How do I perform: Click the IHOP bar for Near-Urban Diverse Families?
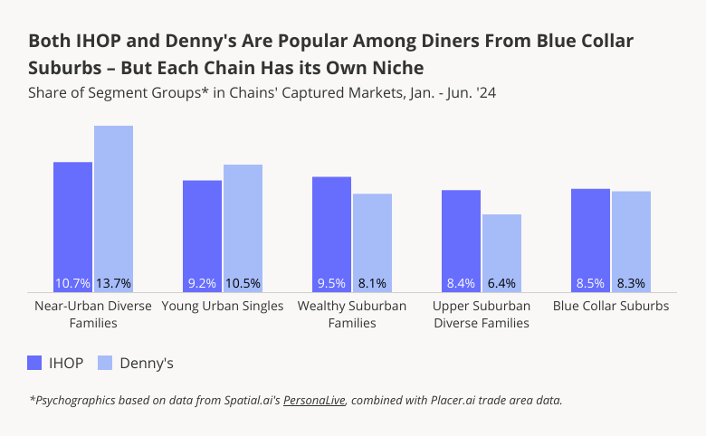click(x=72, y=226)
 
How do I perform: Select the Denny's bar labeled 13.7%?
click(x=114, y=208)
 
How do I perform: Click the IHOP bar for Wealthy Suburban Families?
click(x=331, y=233)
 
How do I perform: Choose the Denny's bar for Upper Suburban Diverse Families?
click(x=501, y=252)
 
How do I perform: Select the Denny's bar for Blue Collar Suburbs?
click(x=631, y=241)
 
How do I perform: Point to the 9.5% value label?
click(x=331, y=283)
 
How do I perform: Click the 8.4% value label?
click(x=461, y=283)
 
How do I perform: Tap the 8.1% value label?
click(x=372, y=283)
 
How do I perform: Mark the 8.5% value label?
click(x=590, y=283)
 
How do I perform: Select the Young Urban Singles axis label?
click(x=223, y=306)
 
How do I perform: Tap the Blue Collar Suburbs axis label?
click(x=611, y=306)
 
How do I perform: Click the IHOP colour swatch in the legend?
click(x=35, y=363)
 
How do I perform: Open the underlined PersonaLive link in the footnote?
click(x=314, y=400)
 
